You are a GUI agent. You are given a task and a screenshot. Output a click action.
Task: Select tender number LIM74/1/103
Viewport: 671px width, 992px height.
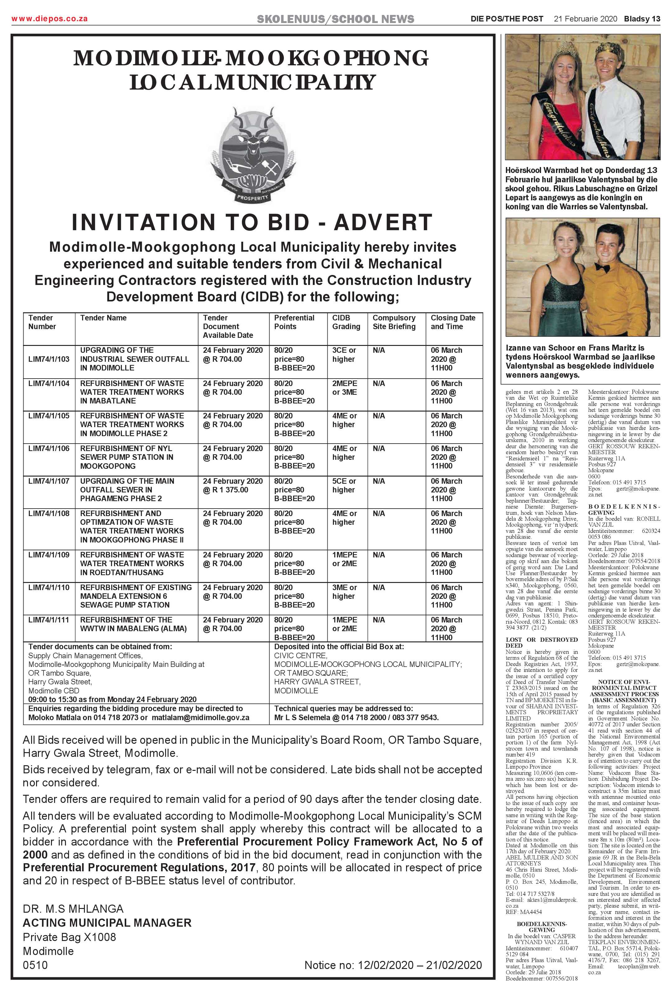pos(49,359)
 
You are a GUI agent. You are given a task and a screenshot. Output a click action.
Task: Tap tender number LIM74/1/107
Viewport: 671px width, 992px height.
pos(49,481)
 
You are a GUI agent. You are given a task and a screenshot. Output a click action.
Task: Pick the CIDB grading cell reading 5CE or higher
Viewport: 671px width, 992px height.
pos(344,485)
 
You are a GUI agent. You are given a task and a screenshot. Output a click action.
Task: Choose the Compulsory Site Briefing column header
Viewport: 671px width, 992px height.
pos(394,322)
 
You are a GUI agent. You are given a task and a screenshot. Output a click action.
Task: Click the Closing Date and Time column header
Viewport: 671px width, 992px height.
pos(453,322)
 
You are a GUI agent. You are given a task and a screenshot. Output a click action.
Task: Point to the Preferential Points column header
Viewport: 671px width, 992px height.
pos(294,322)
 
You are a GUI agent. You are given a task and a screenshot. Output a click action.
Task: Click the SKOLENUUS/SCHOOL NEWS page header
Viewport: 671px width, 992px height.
pos(335,19)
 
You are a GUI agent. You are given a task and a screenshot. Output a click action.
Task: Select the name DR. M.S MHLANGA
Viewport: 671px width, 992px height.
pos(73,909)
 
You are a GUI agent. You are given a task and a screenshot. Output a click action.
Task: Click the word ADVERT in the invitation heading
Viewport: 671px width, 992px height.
pos(383,222)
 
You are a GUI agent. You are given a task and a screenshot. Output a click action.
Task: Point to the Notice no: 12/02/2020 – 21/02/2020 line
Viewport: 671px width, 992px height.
pos(393,965)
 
